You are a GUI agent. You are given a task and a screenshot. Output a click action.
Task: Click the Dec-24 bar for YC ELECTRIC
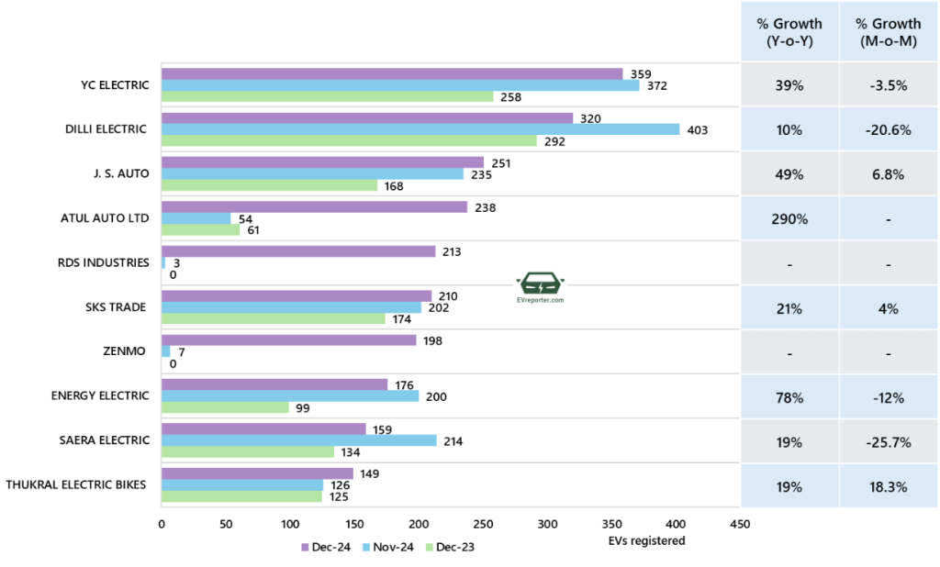(392, 73)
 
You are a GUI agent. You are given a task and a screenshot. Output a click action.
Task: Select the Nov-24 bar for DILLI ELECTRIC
(420, 129)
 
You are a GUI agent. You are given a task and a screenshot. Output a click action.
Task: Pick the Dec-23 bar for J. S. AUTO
(269, 185)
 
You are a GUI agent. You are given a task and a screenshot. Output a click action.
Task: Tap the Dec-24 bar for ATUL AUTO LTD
(314, 207)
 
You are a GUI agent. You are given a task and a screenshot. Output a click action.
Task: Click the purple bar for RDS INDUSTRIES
(298, 251)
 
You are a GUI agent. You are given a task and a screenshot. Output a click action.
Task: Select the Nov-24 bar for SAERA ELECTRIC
(299, 440)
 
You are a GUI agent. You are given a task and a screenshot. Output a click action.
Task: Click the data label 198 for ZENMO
(432, 340)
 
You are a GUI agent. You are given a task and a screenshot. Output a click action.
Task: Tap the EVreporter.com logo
(540, 288)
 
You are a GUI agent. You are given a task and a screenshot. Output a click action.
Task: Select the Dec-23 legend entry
(454, 548)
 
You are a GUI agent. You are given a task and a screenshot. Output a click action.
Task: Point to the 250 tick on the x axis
(483, 525)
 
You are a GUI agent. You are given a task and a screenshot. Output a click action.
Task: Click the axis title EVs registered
(646, 540)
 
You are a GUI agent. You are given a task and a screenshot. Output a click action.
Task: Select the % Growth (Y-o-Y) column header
(789, 31)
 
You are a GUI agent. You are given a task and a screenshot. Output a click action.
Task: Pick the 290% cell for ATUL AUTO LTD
(789, 219)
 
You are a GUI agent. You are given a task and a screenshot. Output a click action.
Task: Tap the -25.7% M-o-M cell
(888, 441)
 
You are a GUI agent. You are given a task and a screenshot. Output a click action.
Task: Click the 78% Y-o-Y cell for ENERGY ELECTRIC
(789, 397)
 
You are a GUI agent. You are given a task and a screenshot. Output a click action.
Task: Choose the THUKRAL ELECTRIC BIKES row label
(75, 484)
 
